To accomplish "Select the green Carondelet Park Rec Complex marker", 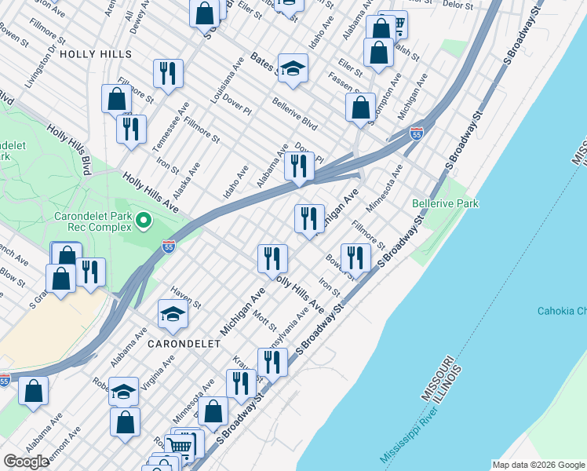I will pyautogui.click(x=143, y=222).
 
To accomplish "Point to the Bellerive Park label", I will pyautogui.click(x=445, y=203).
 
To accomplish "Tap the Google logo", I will pyautogui.click(x=27, y=462).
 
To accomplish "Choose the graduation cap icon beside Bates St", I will pyautogui.click(x=293, y=70).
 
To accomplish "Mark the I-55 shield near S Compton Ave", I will pyautogui.click(x=416, y=134).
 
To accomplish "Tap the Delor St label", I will pyautogui.click(x=457, y=5).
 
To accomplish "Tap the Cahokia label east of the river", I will pyautogui.click(x=560, y=311).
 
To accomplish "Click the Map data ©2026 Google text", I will pyautogui.click(x=538, y=465).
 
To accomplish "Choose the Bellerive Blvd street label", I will pyautogui.click(x=294, y=115).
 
